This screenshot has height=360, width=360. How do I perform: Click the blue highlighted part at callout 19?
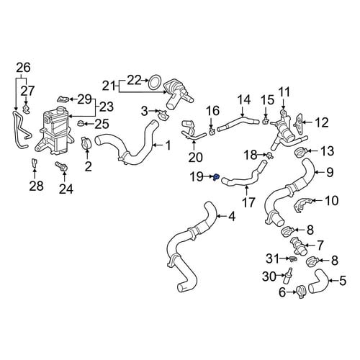216,177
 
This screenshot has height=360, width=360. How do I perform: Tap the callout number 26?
24,68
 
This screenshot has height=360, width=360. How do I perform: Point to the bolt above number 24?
62,166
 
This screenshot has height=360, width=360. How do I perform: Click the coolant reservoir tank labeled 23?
53,131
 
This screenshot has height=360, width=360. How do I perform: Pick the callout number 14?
244,99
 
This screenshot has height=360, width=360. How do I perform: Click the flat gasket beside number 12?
298,123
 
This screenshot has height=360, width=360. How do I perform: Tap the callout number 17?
248,202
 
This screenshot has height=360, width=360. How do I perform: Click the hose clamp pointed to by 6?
301,291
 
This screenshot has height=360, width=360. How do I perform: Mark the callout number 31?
273,258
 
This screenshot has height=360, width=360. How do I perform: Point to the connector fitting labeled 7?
298,246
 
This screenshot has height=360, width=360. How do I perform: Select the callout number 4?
232,217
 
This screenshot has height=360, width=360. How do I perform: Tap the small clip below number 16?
212,131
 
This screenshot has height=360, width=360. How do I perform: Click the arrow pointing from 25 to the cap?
89,124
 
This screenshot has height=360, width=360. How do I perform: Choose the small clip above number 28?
35,163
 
